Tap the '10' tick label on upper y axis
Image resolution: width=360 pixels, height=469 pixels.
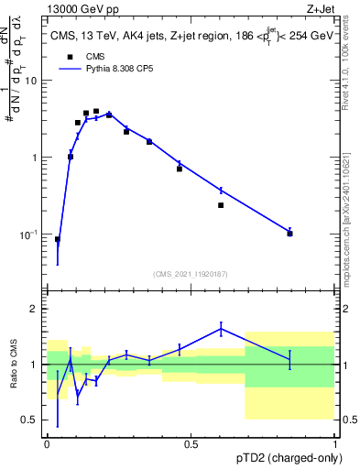point(31,81)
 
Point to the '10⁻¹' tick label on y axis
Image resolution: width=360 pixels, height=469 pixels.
point(29,234)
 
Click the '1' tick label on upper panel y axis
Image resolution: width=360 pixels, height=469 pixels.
point(35,158)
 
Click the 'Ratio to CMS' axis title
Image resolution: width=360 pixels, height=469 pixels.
point(13,364)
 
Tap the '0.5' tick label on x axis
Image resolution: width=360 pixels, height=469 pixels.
point(191,444)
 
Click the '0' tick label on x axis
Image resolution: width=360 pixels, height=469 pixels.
point(47,444)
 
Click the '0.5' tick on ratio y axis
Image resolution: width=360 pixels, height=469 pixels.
point(32,420)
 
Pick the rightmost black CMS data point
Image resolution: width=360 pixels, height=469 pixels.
point(289,234)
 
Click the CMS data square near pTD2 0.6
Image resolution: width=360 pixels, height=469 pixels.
point(221,205)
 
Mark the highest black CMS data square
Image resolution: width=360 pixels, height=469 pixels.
point(95,111)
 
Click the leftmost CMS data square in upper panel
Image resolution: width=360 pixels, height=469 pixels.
point(57,239)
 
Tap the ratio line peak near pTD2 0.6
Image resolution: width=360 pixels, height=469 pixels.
point(221,328)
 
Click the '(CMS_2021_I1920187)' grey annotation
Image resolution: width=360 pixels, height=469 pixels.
point(191,272)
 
